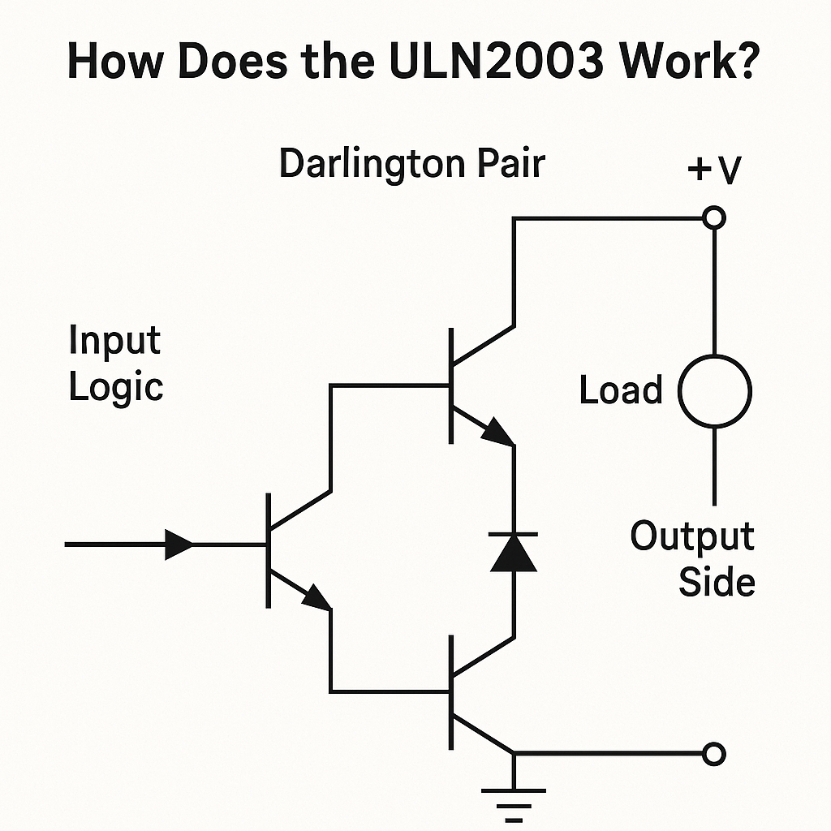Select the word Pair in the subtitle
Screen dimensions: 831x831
(510, 164)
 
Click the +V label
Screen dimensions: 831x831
(714, 171)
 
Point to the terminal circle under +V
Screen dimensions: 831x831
(714, 217)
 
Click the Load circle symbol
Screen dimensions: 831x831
(714, 391)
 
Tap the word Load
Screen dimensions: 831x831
(621, 391)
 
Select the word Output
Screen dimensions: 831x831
(692, 537)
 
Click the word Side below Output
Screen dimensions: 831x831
(717, 582)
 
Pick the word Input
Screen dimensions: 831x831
(114, 340)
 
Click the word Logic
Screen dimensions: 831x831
(116, 386)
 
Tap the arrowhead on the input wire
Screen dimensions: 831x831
(179, 545)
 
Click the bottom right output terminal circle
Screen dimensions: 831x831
(713, 755)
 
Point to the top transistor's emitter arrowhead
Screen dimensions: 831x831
(497, 433)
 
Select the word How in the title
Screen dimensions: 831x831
(114, 62)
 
